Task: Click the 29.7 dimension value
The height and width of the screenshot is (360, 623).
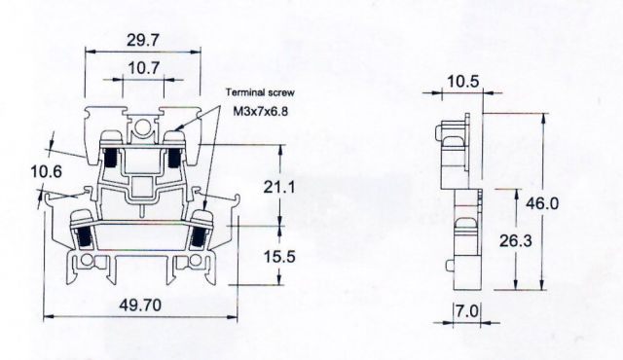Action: [x=143, y=40]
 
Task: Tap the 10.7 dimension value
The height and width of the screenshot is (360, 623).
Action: [x=143, y=68]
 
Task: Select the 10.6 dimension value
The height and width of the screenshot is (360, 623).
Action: [x=47, y=172]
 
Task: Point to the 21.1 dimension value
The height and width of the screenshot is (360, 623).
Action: [x=279, y=187]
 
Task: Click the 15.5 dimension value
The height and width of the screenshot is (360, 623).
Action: [x=279, y=257]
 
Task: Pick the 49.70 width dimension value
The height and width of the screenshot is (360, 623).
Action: [x=140, y=306]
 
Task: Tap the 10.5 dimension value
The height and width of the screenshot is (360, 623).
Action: [x=463, y=82]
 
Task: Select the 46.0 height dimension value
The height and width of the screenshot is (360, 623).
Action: [x=542, y=203]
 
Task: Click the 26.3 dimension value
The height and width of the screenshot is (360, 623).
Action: [x=515, y=240]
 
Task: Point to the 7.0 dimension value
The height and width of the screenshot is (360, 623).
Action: [x=467, y=310]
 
